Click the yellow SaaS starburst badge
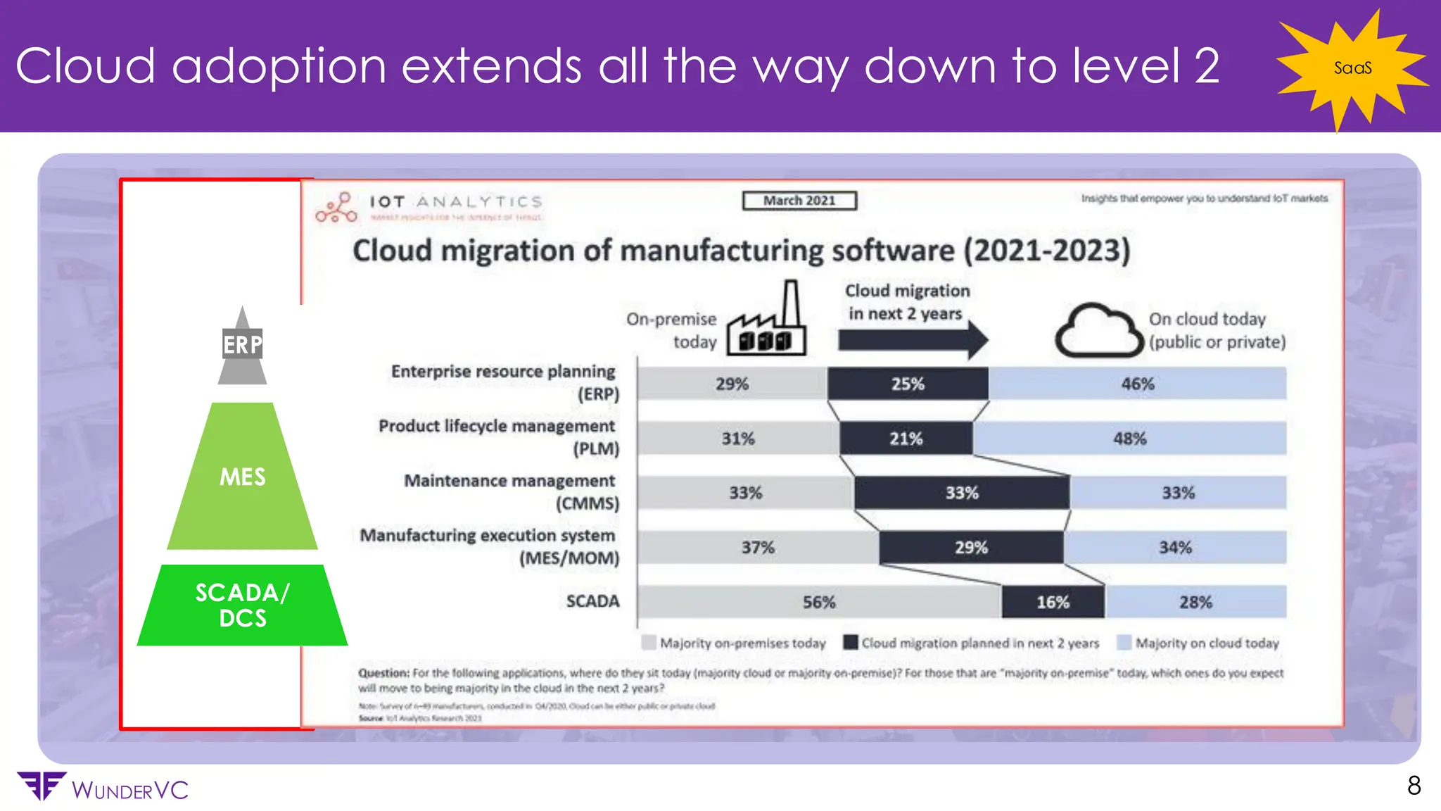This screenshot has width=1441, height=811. [x=1352, y=68]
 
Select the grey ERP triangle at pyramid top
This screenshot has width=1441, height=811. [x=242, y=348]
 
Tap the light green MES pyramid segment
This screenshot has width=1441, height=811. [x=242, y=477]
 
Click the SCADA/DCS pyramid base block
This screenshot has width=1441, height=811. [x=242, y=605]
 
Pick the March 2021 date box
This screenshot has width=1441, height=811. [x=799, y=201]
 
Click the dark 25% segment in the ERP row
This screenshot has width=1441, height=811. [x=907, y=384]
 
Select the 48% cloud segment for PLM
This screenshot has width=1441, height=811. [x=1129, y=439]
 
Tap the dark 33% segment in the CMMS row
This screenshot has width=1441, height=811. [x=961, y=493]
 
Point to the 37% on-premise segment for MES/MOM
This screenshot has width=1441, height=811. [x=758, y=548]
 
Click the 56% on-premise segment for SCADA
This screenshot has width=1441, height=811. [x=819, y=602]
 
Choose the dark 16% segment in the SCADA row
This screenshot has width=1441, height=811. [x=1053, y=602]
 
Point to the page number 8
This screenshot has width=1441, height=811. [x=1414, y=786]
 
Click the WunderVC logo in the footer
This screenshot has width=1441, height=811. [x=102, y=788]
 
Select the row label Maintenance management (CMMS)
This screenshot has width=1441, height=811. [x=511, y=492]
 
